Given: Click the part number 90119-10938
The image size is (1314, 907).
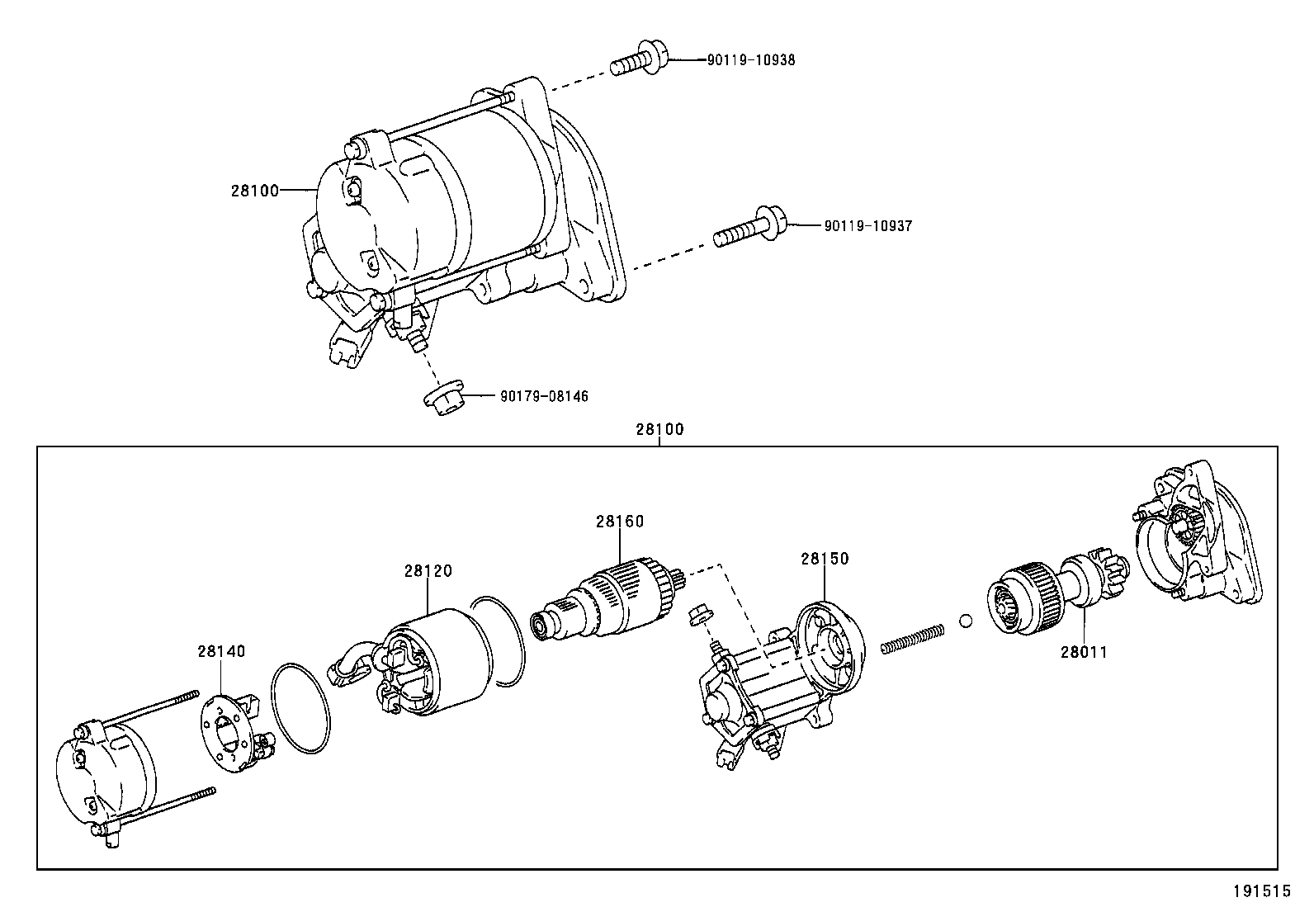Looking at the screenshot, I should pos(750,60).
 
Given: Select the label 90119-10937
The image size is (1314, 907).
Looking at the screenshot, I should pos(867,225).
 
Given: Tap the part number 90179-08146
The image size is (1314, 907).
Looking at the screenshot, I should pos(544,396).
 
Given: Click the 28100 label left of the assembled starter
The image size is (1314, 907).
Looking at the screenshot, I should pos(255,190).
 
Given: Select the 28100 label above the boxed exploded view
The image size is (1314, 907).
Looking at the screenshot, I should pos(659,429).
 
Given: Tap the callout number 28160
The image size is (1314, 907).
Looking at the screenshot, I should pos(620,522).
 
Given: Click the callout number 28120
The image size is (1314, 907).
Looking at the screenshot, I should pos(428,571).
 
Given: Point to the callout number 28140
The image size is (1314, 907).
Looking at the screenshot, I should pos(221,651).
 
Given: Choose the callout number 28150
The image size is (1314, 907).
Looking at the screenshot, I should pos(824,559).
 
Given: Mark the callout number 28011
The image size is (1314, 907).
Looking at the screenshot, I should pos(1084,652).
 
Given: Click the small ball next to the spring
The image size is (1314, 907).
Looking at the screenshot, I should pos(966,621).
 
